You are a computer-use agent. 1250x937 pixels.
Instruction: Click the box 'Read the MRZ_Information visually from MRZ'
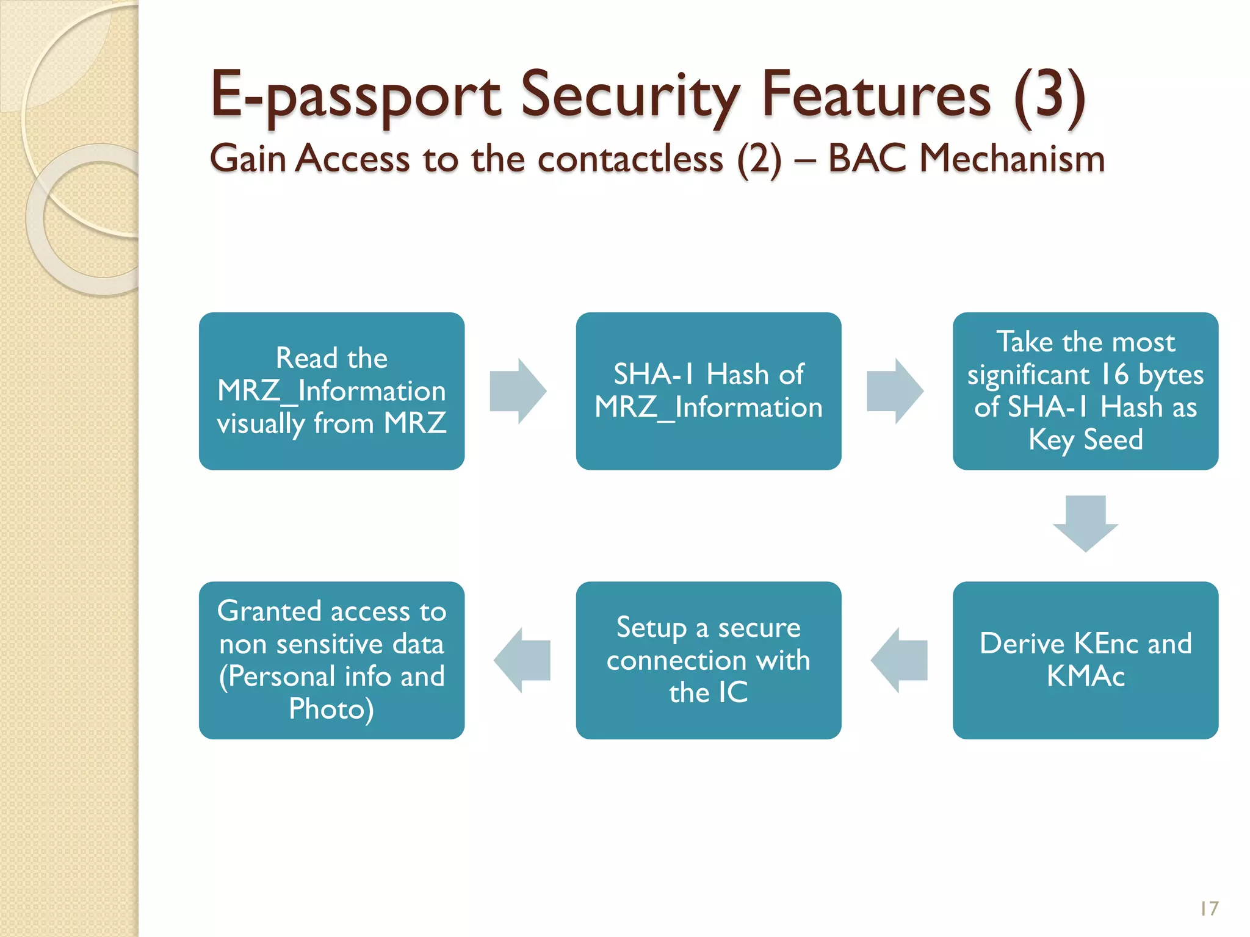(331, 391)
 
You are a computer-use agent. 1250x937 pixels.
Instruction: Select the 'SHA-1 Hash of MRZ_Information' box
(708, 391)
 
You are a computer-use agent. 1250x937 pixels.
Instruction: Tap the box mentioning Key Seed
(1085, 391)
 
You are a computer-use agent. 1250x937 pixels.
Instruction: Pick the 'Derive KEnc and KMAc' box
(1085, 660)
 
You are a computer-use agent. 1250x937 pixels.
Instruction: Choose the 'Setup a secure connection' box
(708, 660)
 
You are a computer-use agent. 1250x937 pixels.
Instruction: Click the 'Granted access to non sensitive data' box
(331, 660)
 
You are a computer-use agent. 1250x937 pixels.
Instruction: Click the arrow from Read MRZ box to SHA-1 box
(518, 391)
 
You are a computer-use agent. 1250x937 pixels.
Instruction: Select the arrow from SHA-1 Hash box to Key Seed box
(894, 391)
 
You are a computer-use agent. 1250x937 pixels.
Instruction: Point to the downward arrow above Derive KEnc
(1085, 523)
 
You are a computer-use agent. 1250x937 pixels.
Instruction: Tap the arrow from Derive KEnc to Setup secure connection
(900, 660)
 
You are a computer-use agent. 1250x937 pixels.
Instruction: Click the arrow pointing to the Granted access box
(522, 660)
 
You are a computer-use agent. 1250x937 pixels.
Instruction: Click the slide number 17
(1208, 908)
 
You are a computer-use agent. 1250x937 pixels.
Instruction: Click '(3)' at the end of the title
(1049, 96)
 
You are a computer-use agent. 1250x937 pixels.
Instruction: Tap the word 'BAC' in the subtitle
(867, 159)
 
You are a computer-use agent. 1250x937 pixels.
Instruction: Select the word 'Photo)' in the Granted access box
(331, 709)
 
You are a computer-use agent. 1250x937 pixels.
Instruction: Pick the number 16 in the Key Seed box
(1115, 374)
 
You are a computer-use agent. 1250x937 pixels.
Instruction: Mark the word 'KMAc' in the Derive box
(1085, 676)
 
